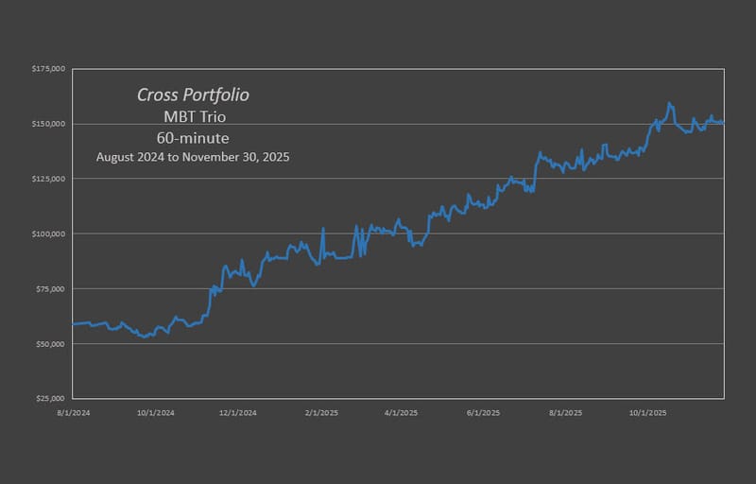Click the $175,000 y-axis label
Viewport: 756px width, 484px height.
click(47, 69)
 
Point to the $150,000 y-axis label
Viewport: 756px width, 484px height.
click(47, 124)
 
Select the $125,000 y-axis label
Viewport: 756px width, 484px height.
click(47, 179)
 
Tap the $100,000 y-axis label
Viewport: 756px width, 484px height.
click(47, 233)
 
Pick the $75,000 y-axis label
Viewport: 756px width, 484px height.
click(49, 288)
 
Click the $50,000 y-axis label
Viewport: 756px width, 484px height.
click(49, 343)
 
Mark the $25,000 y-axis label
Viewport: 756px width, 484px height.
click(49, 398)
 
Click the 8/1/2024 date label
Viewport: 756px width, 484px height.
click(73, 412)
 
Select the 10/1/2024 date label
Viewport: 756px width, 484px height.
click(155, 412)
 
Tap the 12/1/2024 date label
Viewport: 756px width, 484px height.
click(238, 412)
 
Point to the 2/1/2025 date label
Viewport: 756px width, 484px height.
click(322, 412)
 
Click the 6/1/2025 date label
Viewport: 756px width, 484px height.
click(485, 412)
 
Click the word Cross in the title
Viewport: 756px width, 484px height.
click(157, 95)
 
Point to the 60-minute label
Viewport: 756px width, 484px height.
click(193, 137)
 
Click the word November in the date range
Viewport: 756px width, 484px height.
click(219, 157)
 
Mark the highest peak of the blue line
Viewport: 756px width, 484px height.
click(669, 102)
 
